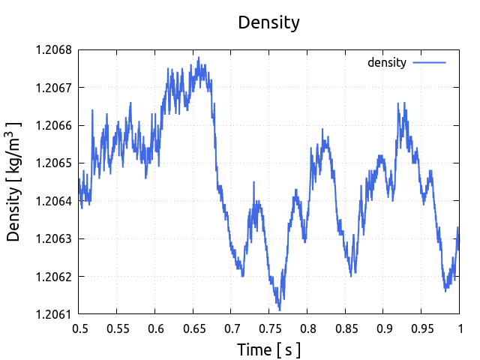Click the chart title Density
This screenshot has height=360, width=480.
[x=268, y=22]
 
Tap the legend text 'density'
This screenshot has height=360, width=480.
[x=386, y=63]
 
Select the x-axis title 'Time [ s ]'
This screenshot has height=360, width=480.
[x=268, y=349]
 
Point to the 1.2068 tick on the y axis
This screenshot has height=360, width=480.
[x=53, y=50]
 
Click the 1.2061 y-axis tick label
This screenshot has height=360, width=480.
[x=53, y=314]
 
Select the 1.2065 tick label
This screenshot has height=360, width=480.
[x=53, y=163]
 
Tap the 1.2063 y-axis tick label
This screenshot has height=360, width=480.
[x=53, y=239]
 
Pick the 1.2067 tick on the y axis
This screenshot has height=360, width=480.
[x=53, y=88]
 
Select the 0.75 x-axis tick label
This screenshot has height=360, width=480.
[x=269, y=328]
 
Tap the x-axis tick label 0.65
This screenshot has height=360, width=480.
[x=193, y=328]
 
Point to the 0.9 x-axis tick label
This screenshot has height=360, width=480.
[x=383, y=328]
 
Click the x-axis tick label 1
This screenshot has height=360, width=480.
[x=459, y=328]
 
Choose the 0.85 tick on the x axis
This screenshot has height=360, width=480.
[x=345, y=328]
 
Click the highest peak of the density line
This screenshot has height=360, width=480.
[x=199, y=57]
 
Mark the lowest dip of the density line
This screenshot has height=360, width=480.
[x=279, y=309]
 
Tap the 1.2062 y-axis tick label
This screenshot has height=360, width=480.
[x=53, y=277]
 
